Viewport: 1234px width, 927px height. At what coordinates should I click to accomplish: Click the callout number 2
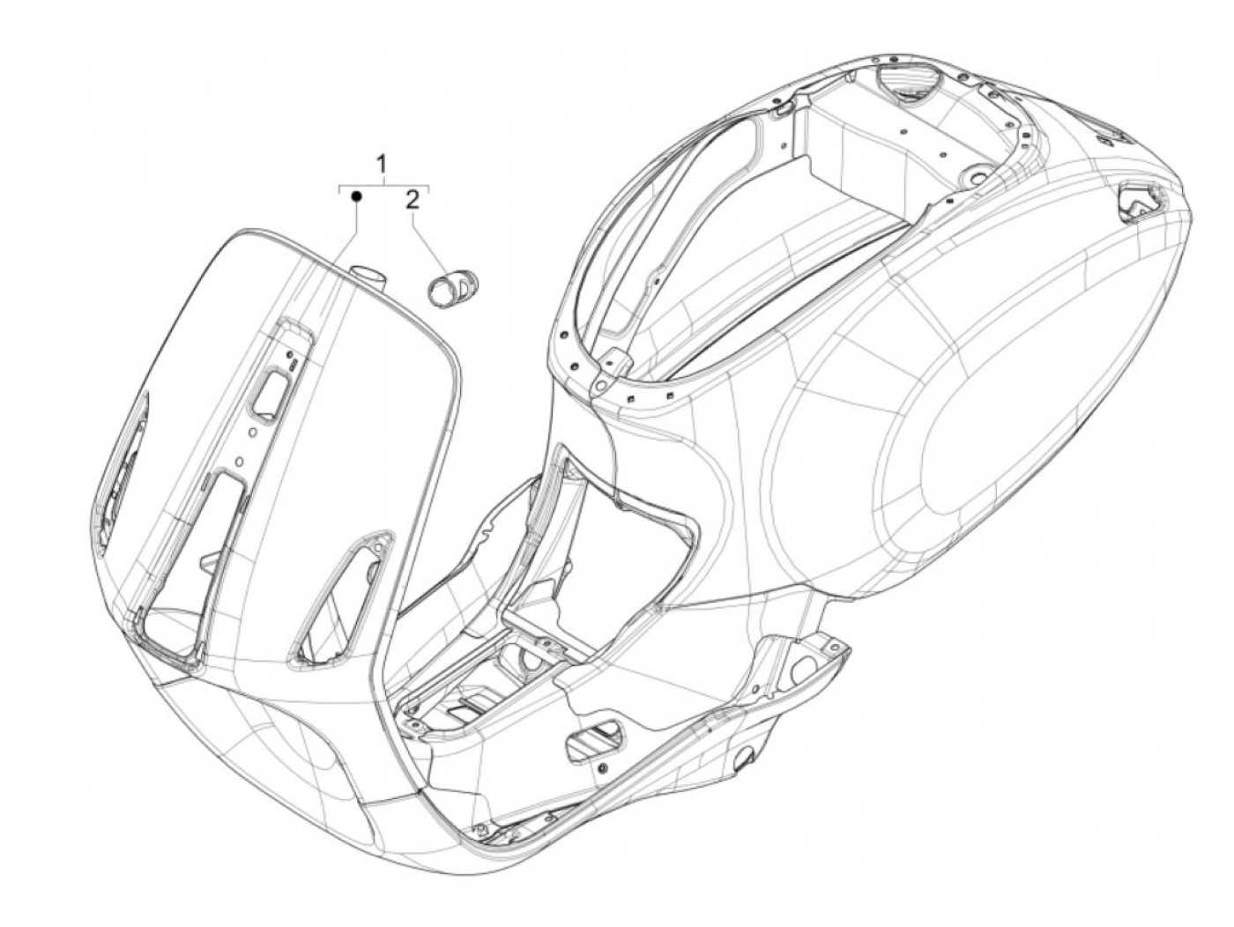click(x=411, y=200)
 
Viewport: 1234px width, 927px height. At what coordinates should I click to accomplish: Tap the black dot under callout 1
click(x=355, y=196)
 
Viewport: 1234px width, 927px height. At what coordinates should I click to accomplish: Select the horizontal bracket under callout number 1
click(x=384, y=187)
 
